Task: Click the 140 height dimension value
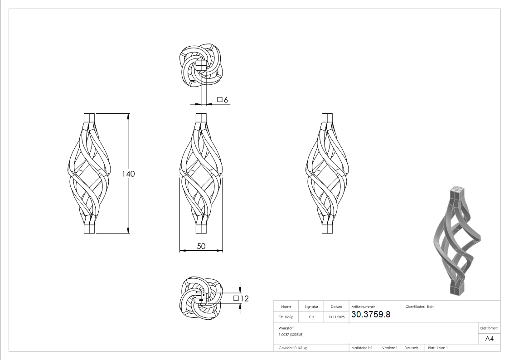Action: (x=128, y=174)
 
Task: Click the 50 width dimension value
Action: (x=201, y=246)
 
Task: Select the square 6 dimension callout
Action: (x=222, y=100)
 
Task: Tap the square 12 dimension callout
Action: (x=241, y=298)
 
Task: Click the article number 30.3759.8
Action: (x=371, y=314)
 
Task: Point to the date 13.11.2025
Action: (x=336, y=317)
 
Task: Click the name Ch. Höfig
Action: (x=286, y=317)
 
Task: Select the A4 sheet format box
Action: (x=490, y=338)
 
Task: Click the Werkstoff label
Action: (x=286, y=327)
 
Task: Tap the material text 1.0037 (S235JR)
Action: (x=291, y=334)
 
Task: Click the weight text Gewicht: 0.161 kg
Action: (x=293, y=348)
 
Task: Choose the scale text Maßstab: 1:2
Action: (x=362, y=348)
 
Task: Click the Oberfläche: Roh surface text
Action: (x=419, y=306)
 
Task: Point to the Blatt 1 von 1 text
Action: (x=438, y=348)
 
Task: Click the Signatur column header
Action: (x=311, y=306)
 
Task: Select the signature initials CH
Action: (x=311, y=317)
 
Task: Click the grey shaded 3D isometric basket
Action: (x=456, y=240)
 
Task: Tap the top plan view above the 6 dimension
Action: (x=201, y=67)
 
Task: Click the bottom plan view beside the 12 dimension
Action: (x=201, y=297)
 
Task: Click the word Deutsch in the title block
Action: (x=411, y=348)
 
